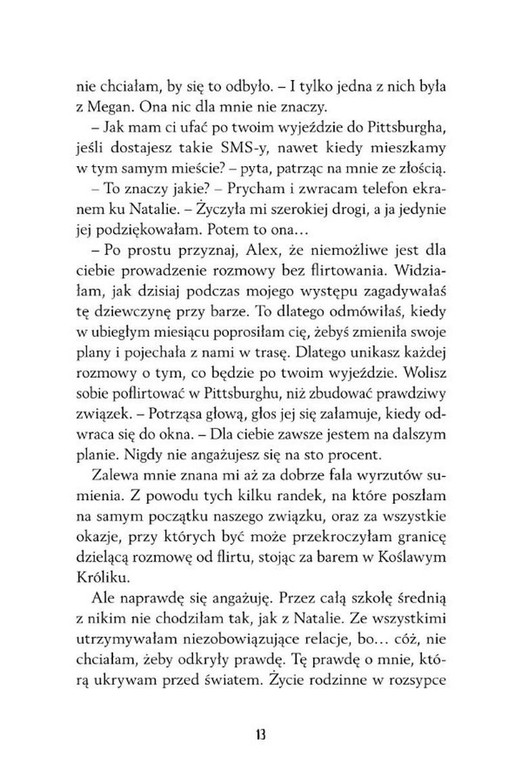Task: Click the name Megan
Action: tap(110, 108)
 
